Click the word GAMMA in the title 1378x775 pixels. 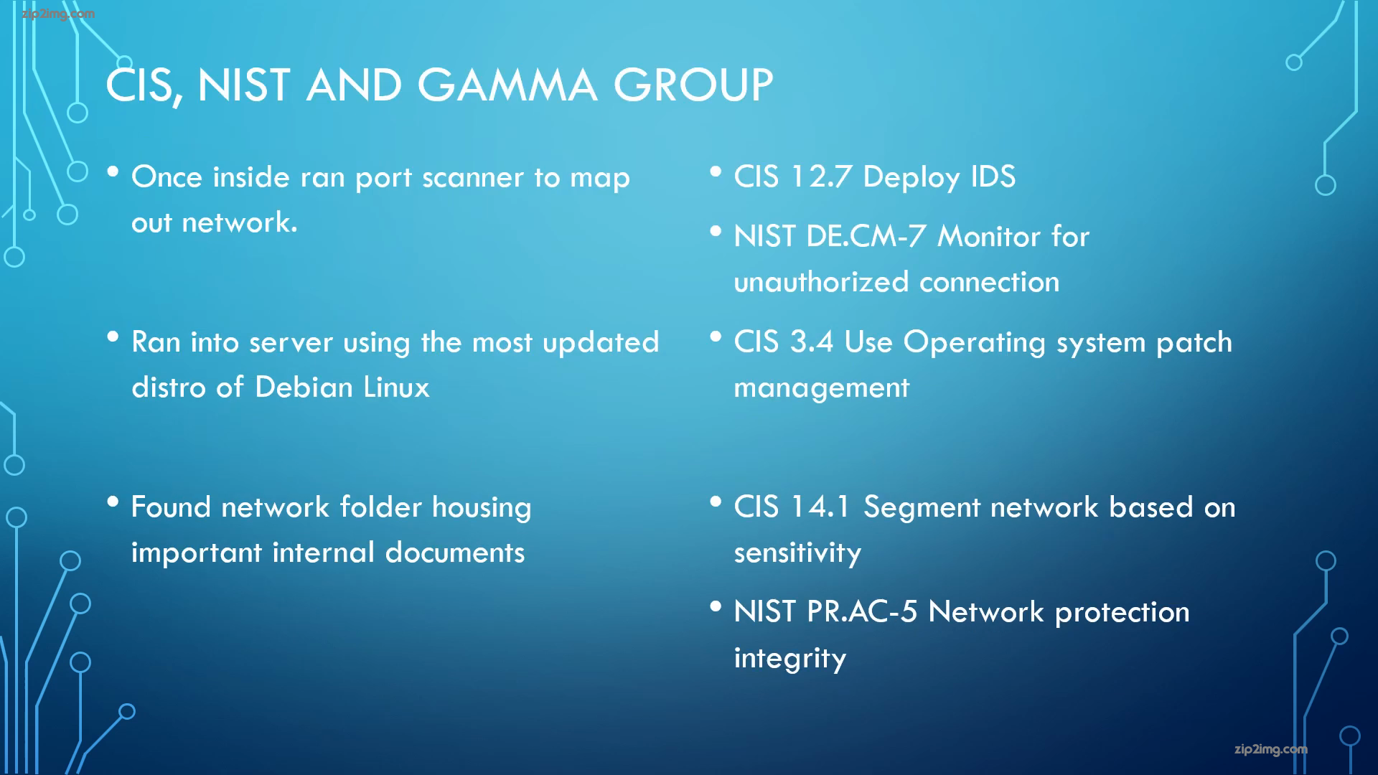pos(507,85)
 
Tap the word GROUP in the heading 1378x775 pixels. pos(693,85)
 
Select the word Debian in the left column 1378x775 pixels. pos(304,387)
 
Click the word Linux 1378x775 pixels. pos(396,387)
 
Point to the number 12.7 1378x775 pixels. pos(821,177)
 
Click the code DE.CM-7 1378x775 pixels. pos(866,237)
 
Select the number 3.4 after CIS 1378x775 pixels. pos(812,342)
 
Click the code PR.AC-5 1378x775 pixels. pos(862,612)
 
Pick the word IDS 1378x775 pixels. pos(993,177)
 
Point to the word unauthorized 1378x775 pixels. pos(821,282)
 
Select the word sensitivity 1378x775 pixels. pos(797,553)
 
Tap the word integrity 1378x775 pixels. pos(790,659)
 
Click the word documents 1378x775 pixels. pos(455,553)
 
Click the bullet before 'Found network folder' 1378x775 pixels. pos(113,502)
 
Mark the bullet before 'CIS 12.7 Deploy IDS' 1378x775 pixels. pos(716,172)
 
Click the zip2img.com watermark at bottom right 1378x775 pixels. pos(1271,750)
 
